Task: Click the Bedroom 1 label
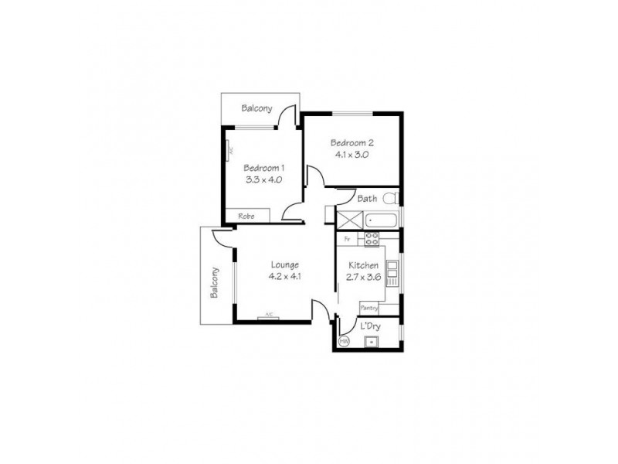pyautogui.click(x=264, y=168)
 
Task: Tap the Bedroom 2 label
pyautogui.click(x=351, y=142)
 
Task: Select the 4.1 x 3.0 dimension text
pyautogui.click(x=351, y=154)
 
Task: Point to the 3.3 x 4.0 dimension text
pyautogui.click(x=264, y=179)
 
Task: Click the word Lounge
pyautogui.click(x=284, y=264)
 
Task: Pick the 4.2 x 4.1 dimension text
pyautogui.click(x=284, y=276)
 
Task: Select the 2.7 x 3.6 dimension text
pyautogui.click(x=363, y=276)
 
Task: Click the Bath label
pyautogui.click(x=367, y=199)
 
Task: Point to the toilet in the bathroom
pyautogui.click(x=390, y=198)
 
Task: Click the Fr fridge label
pyautogui.click(x=348, y=238)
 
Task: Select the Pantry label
pyautogui.click(x=368, y=307)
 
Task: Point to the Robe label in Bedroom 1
pyautogui.click(x=246, y=216)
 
